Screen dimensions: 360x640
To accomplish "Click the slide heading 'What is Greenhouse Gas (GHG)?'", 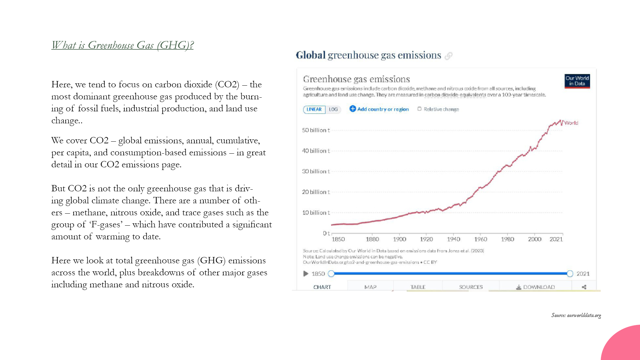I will pyautogui.click(x=122, y=45).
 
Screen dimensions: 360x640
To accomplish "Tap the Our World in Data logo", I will pyautogui.click(x=577, y=81).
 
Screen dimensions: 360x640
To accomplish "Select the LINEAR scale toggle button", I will pyautogui.click(x=314, y=109).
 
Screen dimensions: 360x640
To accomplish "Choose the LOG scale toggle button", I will pyautogui.click(x=333, y=109).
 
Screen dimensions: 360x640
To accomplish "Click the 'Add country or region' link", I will pyautogui.click(x=379, y=109).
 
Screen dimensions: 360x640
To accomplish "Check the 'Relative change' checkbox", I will pyautogui.click(x=420, y=109).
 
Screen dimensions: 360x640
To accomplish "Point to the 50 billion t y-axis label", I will pyautogui.click(x=316, y=130).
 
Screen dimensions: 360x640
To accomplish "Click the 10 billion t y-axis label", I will pyautogui.click(x=316, y=213).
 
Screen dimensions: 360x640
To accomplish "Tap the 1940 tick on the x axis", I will pyautogui.click(x=453, y=239).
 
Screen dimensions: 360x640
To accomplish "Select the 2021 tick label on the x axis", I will pyautogui.click(x=556, y=239).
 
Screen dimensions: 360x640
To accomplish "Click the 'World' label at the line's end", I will pyautogui.click(x=571, y=123).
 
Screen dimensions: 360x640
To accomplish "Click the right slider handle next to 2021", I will pyautogui.click(x=570, y=274).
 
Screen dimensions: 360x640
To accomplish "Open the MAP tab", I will pyautogui.click(x=370, y=287).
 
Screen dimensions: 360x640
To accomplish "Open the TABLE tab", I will pyautogui.click(x=418, y=287).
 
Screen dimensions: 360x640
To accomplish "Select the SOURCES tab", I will pyautogui.click(x=471, y=287).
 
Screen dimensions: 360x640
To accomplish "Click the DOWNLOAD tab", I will pyautogui.click(x=535, y=287).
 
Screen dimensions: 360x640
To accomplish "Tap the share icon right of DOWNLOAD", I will pyautogui.click(x=584, y=287).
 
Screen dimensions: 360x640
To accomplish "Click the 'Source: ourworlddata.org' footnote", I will pyautogui.click(x=576, y=315).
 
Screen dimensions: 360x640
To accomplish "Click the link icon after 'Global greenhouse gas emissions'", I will pyautogui.click(x=449, y=56).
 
